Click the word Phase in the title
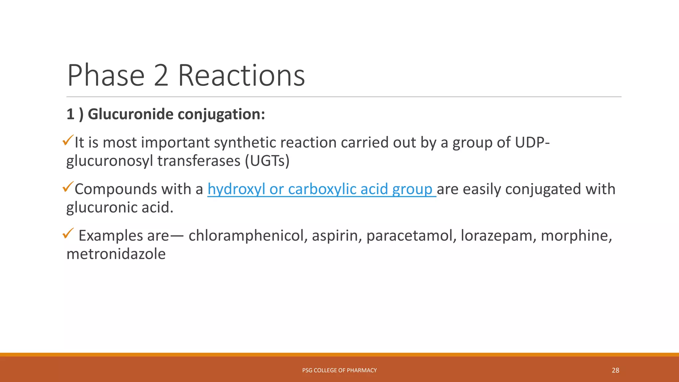[106, 76]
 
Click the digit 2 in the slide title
[161, 76]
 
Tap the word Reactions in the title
[241, 76]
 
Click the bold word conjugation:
[221, 114]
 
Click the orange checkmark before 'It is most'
[68, 140]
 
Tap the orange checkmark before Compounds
[68, 187]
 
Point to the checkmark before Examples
[68, 233]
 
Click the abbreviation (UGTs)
[267, 161]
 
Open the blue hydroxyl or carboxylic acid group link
[322, 189]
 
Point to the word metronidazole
[116, 254]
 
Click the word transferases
[199, 161]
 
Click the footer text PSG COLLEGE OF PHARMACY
[339, 370]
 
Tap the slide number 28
[615, 370]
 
